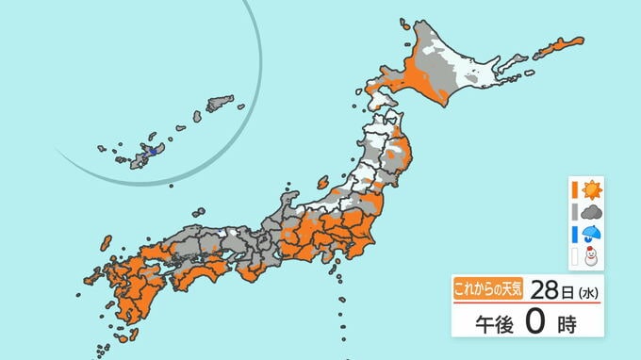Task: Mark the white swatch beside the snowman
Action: click(573, 256)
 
